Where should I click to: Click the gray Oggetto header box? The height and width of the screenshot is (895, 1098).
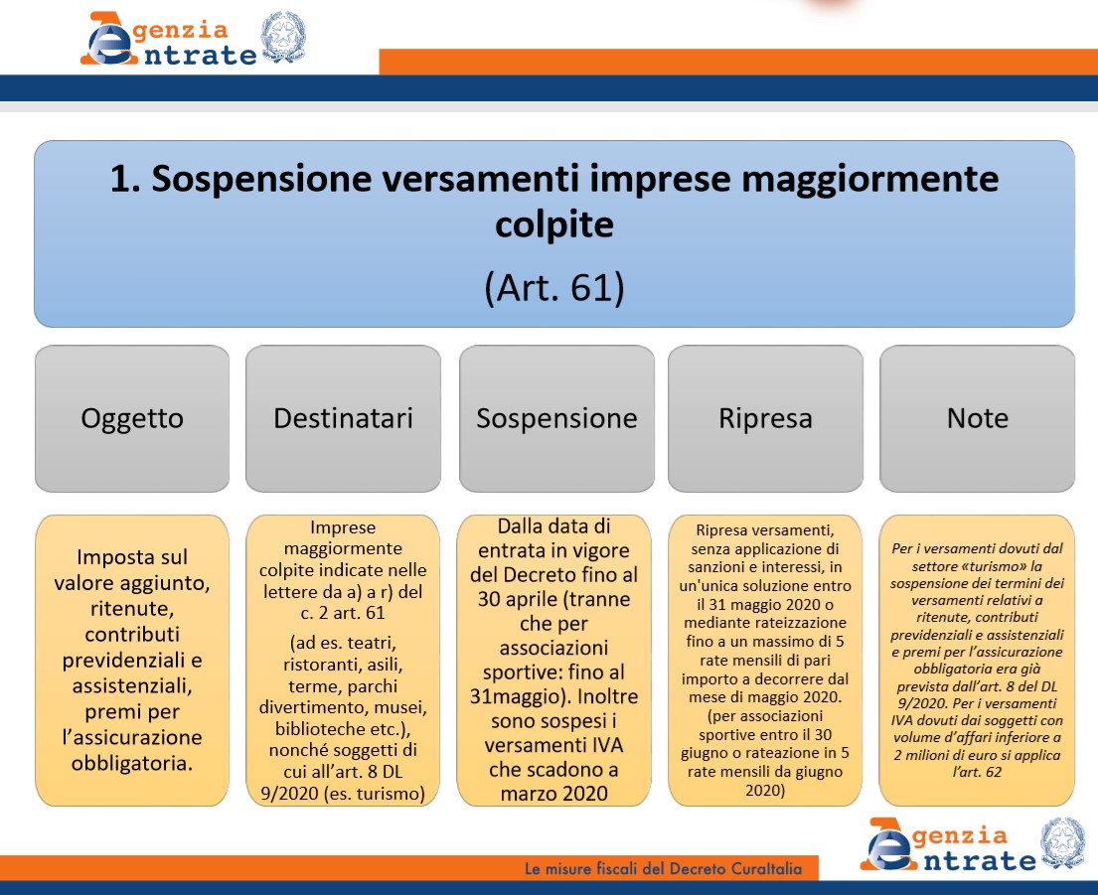tap(132, 418)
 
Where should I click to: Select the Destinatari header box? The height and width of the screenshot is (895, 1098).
tap(343, 418)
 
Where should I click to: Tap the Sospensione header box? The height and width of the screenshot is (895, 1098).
tap(556, 418)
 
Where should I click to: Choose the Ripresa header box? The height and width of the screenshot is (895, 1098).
tap(765, 418)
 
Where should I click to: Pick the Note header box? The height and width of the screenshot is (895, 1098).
tap(978, 418)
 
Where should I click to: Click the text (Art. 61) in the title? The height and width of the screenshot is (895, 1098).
tap(554, 287)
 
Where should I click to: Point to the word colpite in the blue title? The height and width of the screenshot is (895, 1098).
tap(554, 225)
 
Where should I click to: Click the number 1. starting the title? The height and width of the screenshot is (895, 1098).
tap(126, 179)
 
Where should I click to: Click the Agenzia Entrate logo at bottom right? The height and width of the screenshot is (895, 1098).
tap(950, 844)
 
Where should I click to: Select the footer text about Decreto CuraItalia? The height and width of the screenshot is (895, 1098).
tap(663, 869)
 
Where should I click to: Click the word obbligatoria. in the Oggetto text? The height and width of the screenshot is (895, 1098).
tap(132, 763)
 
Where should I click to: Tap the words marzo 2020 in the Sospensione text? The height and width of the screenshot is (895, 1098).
tap(553, 794)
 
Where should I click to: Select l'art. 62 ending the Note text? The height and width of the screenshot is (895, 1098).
tap(977, 772)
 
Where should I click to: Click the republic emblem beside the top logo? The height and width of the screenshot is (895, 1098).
tap(283, 37)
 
